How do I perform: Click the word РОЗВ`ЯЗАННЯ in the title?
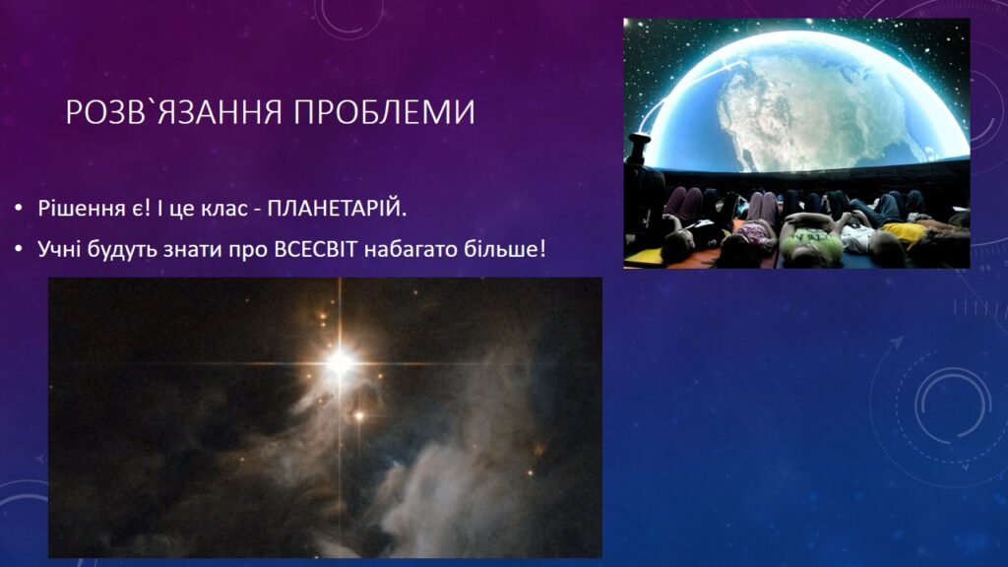[173, 112]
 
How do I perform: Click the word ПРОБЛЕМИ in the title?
[385, 112]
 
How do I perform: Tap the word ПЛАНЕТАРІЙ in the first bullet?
[337, 209]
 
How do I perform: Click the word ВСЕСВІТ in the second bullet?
[315, 249]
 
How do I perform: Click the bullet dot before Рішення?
[19, 209]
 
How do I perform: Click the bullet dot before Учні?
[19, 249]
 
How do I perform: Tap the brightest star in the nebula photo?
[340, 363]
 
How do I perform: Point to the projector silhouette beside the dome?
[640, 151]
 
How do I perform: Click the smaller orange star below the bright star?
[359, 416]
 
